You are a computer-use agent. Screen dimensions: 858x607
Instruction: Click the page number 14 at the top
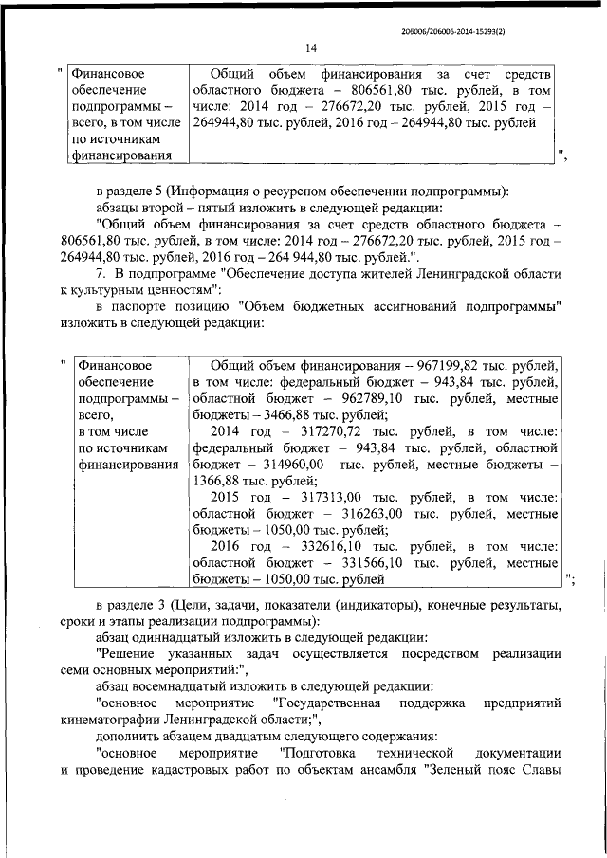point(310,48)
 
